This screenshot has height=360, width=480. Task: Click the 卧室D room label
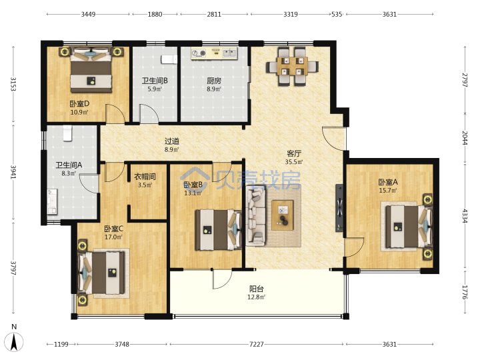79,104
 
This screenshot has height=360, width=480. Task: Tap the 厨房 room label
214,81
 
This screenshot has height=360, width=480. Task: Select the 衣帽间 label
145,177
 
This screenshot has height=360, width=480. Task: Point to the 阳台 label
256,289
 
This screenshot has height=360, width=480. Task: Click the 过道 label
172,141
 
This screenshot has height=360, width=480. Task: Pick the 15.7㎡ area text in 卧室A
388,191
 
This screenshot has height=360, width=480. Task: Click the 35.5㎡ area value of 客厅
294,162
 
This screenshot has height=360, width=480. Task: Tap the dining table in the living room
292,67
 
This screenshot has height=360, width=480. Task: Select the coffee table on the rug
283,215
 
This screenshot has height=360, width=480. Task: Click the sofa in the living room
255,216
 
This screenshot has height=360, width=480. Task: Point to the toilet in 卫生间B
169,59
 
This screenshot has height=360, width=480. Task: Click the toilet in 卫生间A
67,134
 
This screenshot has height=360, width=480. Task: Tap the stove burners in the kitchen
199,53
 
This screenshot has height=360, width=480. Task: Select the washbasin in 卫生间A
52,201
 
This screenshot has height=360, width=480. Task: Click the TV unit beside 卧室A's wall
339,208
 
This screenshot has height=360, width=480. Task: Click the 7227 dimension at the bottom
256,345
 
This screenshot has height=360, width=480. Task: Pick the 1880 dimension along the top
155,15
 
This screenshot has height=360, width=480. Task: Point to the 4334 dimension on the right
465,216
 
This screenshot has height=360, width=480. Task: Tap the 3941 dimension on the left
13,173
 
